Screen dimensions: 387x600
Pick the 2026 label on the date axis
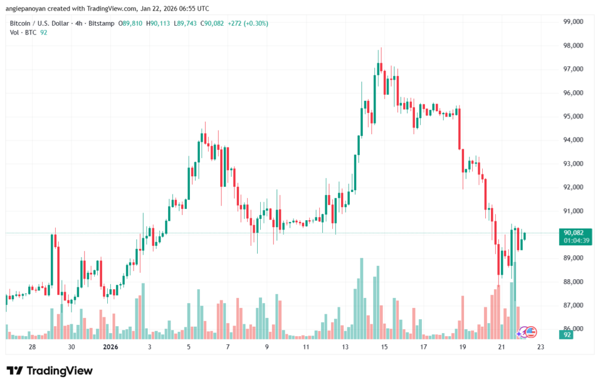pos(111,347)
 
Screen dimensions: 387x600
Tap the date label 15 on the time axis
pos(384,347)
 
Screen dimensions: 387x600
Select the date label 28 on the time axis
pos(32,347)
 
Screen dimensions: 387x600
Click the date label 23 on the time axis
pos(540,347)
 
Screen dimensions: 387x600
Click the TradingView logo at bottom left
pos(50,371)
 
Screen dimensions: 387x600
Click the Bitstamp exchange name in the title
pos(101,23)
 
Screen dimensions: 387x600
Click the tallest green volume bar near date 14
pos(362,298)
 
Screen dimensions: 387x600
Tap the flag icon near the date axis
pos(530,332)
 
